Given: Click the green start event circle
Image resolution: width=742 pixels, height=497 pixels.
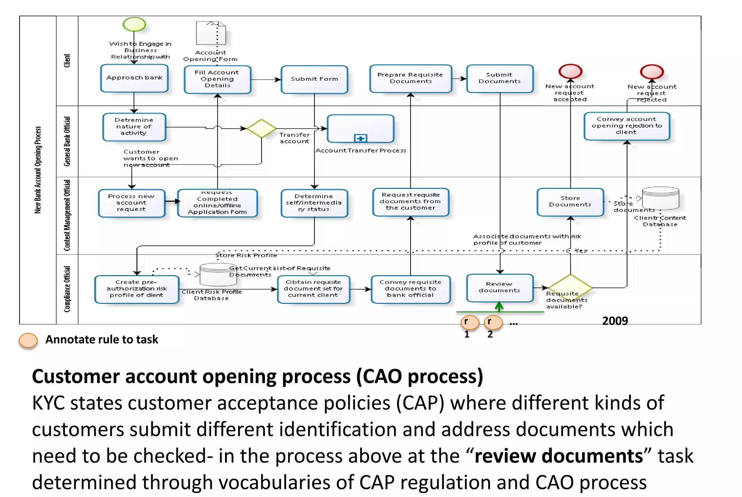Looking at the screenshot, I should coord(134,24).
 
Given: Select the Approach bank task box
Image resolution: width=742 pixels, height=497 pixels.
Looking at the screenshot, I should coord(134,78).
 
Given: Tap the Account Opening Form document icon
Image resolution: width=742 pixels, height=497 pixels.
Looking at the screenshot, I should coord(211,33).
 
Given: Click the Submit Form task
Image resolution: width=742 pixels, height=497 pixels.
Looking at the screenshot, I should coord(314,79).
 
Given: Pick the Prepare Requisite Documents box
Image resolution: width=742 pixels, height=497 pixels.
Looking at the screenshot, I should coord(410,78).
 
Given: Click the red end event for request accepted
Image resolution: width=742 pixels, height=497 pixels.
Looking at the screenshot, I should coord(570,71).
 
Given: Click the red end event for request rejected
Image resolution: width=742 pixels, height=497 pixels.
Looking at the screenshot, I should coord(652,72).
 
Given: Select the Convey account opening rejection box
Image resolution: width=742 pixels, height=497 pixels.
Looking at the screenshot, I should coord(626,126).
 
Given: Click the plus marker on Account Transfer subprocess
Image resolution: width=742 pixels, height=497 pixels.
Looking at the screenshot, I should coord(360,138).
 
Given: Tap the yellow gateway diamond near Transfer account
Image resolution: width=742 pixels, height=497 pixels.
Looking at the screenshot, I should coord(262,128).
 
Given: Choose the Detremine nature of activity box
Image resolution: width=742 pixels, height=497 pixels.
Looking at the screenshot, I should coord(134,127).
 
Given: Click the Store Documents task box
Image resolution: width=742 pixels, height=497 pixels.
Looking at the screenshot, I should coord(570,202).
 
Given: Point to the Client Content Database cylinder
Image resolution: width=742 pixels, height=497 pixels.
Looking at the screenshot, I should coord(660,198).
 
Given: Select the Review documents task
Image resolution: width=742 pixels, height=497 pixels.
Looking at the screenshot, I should coord(500,287).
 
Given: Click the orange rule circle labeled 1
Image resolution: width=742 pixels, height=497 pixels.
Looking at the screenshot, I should coord(470,322).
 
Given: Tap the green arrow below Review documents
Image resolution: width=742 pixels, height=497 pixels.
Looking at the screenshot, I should coord(499,307).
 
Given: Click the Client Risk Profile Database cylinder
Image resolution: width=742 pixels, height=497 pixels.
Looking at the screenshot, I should coord(218,275).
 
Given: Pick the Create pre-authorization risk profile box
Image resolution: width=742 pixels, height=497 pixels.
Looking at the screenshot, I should coord(137,289).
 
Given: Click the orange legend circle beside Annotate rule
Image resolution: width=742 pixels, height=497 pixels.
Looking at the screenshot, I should coord(28,340).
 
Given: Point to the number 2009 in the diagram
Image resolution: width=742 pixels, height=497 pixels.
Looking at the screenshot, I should coord(615,321).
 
